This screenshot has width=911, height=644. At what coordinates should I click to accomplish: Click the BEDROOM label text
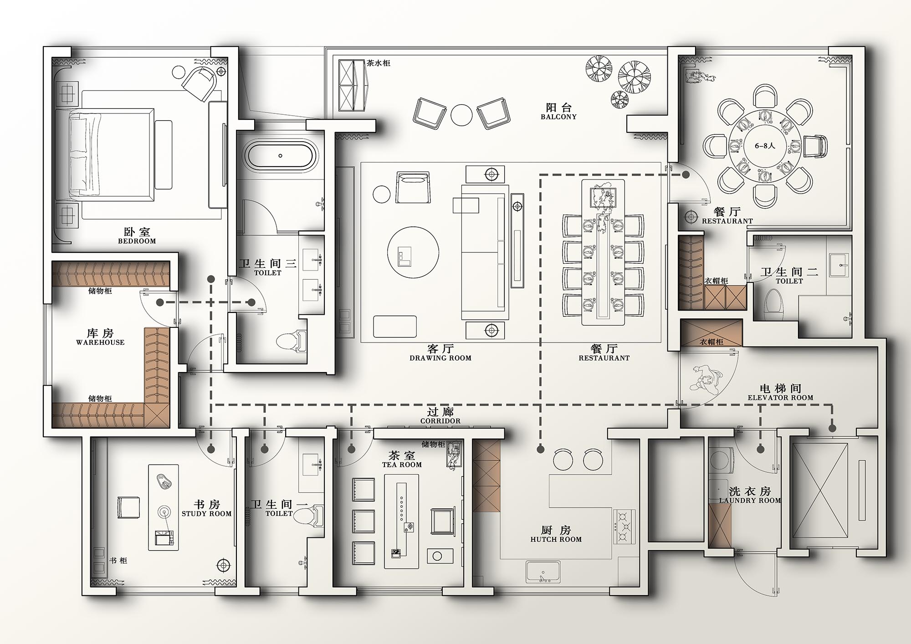(x=137, y=241)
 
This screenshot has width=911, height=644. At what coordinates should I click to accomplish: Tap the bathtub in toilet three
(x=280, y=155)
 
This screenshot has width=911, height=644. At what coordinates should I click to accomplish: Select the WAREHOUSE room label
(x=100, y=342)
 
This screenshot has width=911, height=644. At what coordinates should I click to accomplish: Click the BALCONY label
(x=558, y=117)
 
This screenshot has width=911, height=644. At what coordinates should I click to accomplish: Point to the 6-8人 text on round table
(x=765, y=146)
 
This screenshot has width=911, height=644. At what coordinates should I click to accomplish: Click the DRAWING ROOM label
(x=440, y=358)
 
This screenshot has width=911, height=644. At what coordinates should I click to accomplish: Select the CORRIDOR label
(x=440, y=421)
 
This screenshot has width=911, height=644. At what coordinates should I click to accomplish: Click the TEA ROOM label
(x=402, y=465)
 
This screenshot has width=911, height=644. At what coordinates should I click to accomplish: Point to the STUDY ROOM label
(x=207, y=514)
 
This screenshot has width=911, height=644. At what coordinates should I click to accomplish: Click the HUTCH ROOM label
(x=556, y=539)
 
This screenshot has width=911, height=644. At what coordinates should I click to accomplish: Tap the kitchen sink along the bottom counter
(x=543, y=572)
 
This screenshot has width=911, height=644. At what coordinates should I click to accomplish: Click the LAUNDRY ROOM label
(x=750, y=500)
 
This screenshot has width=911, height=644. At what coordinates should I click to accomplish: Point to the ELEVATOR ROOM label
(x=780, y=398)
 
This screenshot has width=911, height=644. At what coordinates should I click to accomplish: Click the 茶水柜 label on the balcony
(x=379, y=63)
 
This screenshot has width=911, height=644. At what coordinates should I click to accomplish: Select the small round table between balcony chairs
(x=461, y=115)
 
